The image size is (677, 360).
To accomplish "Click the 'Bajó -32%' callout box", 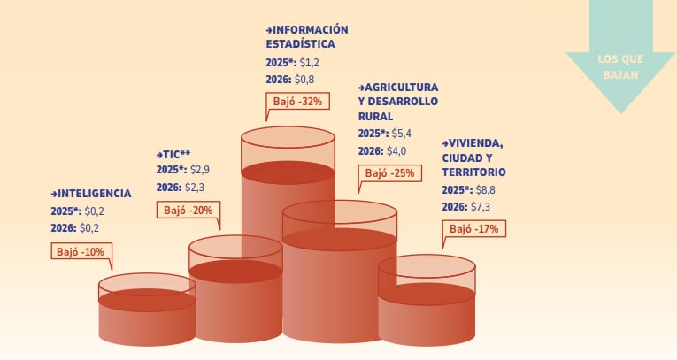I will coord(298,101).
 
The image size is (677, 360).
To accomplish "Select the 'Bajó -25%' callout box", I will coord(389,173).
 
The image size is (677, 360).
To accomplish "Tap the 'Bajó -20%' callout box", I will coord(188,211).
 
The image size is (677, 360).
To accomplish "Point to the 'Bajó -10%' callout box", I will coord(81,251).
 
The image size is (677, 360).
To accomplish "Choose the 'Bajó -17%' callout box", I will coord(473,228).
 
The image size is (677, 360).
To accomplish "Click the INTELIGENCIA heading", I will coord(91,194).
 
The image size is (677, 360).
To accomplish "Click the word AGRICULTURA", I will coord(402,88).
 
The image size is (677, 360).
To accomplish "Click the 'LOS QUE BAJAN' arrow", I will coord(620,66).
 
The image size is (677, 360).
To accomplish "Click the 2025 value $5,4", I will coord(403,134).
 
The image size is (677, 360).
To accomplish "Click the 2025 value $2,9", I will coord(201,169).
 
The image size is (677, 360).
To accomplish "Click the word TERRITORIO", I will coord(473,172).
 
